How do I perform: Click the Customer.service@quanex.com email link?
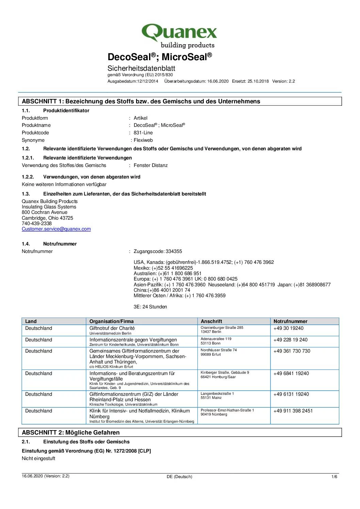[x=56, y=229]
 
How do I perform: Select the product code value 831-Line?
[x=143, y=133]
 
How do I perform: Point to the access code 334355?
[x=174, y=252]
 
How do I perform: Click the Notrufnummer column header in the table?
[x=290, y=321]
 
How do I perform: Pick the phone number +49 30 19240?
[x=288, y=328]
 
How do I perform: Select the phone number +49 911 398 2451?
[x=293, y=411]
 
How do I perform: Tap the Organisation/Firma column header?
[x=112, y=321]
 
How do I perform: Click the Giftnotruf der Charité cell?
[x=112, y=328]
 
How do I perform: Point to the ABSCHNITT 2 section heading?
[x=71, y=432]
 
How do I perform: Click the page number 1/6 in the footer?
[x=334, y=477]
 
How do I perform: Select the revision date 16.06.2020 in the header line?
[x=218, y=81]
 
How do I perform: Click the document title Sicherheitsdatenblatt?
[x=141, y=68]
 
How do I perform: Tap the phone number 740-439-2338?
[x=37, y=223]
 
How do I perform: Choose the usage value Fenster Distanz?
[x=151, y=166]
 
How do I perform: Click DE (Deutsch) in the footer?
[x=179, y=477]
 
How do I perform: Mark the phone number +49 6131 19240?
[x=291, y=394]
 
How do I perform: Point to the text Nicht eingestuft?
[x=38, y=458]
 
